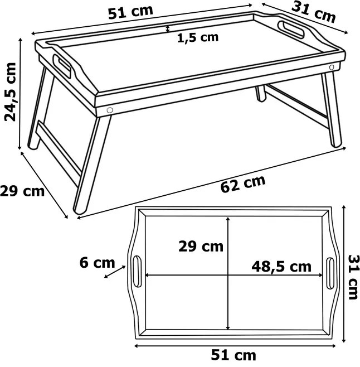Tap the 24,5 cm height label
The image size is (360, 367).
pyautogui.click(x=10, y=91)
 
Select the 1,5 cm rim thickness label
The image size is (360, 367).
pyautogui.click(x=198, y=38)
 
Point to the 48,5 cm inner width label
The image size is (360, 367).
pyautogui.click(x=281, y=267)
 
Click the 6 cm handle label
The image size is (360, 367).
pyautogui.click(x=98, y=263)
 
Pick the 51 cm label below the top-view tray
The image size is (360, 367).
pyautogui.click(x=233, y=355)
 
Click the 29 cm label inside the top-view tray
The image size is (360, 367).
pyautogui.click(x=201, y=247)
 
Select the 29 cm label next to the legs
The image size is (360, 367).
pyautogui.click(x=22, y=191)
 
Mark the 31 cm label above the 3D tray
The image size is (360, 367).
pyautogui.click(x=313, y=13)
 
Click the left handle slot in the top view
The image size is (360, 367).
pyautogui.click(x=137, y=271)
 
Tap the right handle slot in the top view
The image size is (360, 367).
pyautogui.click(x=330, y=273)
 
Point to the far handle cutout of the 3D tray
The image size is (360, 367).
pyautogui.click(x=291, y=30)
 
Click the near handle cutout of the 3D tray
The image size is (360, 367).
pyautogui.click(x=62, y=66)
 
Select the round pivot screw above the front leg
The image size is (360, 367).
pyautogui.click(x=109, y=110)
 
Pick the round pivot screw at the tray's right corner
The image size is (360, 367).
pyautogui.click(x=332, y=67)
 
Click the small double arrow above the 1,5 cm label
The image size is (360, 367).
pyautogui.click(x=167, y=29)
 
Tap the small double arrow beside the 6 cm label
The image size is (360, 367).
pyautogui.click(x=115, y=272)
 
